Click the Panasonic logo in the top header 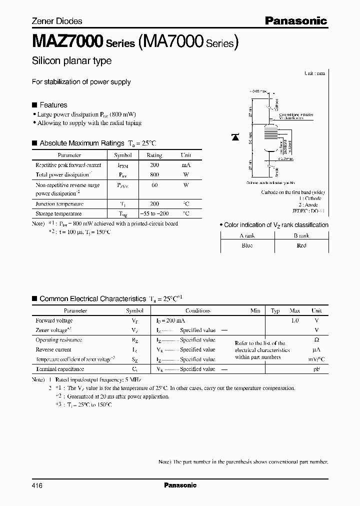coord(295,21)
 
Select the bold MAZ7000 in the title coord(67,41)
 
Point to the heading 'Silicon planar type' coord(71,61)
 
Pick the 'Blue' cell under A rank coord(246,245)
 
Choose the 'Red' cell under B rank coord(301,245)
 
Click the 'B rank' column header coord(301,235)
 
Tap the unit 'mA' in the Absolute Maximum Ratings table coord(185,165)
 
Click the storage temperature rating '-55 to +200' coord(154,213)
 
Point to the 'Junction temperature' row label coord(59,204)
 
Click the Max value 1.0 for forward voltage coord(294,320)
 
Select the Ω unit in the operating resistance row coord(315,340)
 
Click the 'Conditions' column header coord(197,310)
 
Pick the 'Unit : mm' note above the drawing coord(314,73)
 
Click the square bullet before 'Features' coord(34,105)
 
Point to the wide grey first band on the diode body coord(270,129)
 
